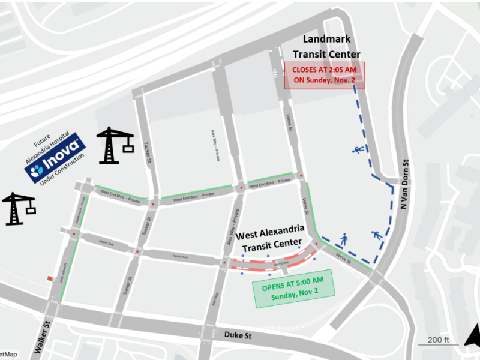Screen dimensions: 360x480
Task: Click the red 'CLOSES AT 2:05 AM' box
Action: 323,75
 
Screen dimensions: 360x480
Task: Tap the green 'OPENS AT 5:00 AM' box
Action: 293,291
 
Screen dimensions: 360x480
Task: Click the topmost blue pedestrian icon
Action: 357,149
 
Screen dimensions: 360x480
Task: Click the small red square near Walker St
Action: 49,278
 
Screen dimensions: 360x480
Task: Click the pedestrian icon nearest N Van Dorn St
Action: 377,236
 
